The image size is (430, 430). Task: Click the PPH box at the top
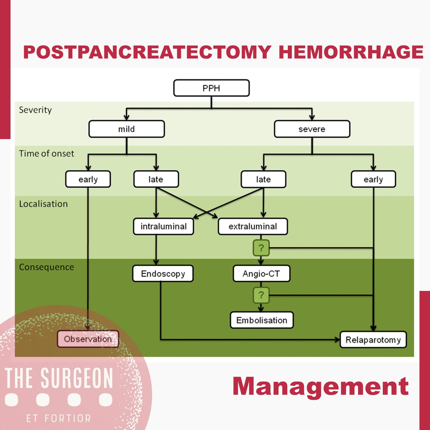211,88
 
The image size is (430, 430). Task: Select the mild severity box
127,129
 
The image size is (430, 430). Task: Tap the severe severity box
312,129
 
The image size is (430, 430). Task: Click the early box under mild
88,179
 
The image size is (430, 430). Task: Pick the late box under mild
156,179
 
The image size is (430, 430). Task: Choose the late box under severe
263,179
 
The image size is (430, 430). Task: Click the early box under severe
373,179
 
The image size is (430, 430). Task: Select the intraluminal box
164,226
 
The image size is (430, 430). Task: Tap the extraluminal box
253,226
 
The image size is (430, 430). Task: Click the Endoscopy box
163,274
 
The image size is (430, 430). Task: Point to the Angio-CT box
261,274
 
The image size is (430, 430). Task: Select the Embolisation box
262,320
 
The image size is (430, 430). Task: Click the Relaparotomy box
373,340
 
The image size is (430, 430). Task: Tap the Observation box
88,339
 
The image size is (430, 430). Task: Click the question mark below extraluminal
261,248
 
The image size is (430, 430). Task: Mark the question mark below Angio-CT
261,295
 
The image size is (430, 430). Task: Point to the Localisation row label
44,204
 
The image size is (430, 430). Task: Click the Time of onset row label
47,154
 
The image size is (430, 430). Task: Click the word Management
321,386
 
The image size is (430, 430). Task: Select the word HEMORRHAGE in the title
351,52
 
